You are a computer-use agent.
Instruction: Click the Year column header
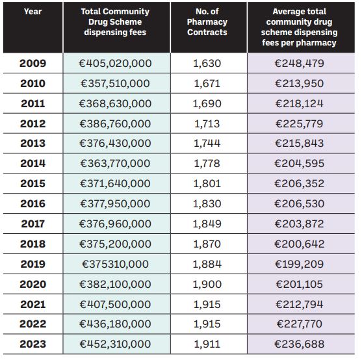tap(32, 12)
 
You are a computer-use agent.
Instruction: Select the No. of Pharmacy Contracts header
tap(207, 21)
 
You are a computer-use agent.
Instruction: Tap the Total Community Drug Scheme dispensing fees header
tap(115, 21)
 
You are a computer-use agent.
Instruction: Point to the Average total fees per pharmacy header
tap(299, 27)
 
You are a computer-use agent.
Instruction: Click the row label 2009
tap(32, 63)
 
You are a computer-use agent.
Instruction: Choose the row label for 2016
tap(32, 203)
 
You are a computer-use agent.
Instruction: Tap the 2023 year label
tap(32, 344)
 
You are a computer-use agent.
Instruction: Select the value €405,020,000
tap(115, 63)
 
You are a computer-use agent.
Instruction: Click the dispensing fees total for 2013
tap(115, 143)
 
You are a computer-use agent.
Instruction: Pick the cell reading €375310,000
tap(115, 264)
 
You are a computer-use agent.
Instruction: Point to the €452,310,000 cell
tap(115, 344)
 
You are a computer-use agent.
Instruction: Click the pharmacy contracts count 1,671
tap(207, 83)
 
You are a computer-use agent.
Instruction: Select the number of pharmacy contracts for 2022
tap(207, 324)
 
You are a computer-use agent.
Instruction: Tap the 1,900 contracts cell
tap(207, 284)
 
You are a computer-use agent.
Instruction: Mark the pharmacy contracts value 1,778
tap(207, 163)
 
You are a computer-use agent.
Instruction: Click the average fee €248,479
tap(299, 63)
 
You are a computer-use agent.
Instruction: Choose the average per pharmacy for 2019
tap(299, 264)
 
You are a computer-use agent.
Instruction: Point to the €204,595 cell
tap(299, 163)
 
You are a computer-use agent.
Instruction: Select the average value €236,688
tap(299, 344)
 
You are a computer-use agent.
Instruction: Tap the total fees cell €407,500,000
tap(115, 304)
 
